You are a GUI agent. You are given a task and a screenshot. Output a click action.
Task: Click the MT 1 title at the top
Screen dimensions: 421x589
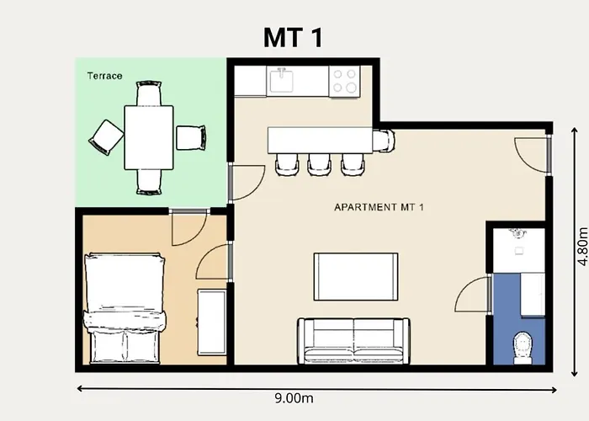tap(294, 38)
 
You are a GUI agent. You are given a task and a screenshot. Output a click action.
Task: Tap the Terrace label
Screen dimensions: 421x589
tap(105, 76)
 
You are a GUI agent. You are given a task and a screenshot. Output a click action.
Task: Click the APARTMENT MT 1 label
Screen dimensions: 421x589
tap(378, 207)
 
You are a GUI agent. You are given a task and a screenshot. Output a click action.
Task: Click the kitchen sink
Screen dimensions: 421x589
tap(281, 81)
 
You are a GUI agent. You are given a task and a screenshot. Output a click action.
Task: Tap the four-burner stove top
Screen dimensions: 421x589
tap(345, 81)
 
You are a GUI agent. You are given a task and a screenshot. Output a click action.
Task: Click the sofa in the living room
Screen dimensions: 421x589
tap(353, 338)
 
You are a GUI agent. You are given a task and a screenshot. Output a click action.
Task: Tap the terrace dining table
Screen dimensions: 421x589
tap(149, 137)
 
